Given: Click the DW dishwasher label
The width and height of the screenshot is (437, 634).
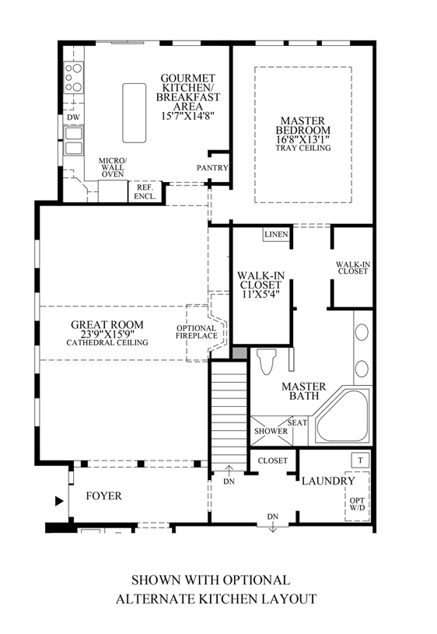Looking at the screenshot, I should click(x=73, y=117).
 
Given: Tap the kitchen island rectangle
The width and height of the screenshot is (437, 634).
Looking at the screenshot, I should click(x=135, y=113).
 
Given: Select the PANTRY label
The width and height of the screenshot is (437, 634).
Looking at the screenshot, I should click(x=212, y=167).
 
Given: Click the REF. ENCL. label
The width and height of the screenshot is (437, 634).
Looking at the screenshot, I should click(x=146, y=192).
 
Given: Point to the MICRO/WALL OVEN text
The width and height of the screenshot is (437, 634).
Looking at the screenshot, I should click(x=112, y=168).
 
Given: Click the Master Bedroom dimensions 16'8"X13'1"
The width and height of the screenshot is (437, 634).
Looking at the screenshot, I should click(x=304, y=139).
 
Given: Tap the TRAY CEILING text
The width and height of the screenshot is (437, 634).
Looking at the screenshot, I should click(x=304, y=149).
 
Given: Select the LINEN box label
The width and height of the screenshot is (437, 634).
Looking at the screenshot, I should click(x=276, y=234).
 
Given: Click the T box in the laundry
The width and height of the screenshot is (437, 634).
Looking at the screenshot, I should click(x=360, y=460).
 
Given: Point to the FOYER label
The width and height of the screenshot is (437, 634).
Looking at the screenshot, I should click(x=103, y=496).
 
